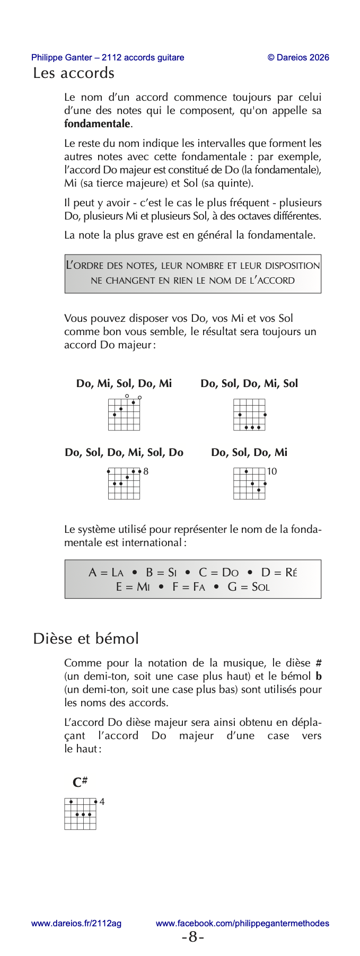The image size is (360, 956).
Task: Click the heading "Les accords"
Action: click(x=74, y=73)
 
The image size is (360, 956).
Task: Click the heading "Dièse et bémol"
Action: click(x=86, y=638)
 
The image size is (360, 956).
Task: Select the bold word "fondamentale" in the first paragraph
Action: click(x=97, y=124)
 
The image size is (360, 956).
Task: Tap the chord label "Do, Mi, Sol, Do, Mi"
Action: click(x=124, y=383)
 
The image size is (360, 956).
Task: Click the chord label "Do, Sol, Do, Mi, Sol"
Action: click(x=249, y=383)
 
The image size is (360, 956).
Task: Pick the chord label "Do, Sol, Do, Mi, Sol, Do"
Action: click(x=124, y=452)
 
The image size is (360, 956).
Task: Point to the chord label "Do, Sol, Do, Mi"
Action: click(x=249, y=452)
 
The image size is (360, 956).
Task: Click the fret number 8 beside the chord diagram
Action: click(x=146, y=471)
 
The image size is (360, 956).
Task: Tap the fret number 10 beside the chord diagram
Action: click(x=272, y=471)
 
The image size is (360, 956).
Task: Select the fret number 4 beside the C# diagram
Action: click(x=102, y=802)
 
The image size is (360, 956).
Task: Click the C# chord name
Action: click(x=80, y=782)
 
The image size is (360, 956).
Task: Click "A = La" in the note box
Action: click(x=106, y=573)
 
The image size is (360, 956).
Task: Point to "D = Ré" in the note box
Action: click(x=279, y=573)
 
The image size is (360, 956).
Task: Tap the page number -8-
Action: click(x=193, y=937)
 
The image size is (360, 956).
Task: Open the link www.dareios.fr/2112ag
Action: click(x=76, y=923)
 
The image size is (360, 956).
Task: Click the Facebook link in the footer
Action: click(x=242, y=923)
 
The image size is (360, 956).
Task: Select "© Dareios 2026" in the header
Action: click(x=298, y=57)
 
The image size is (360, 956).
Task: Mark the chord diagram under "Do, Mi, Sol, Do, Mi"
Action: click(x=124, y=414)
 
